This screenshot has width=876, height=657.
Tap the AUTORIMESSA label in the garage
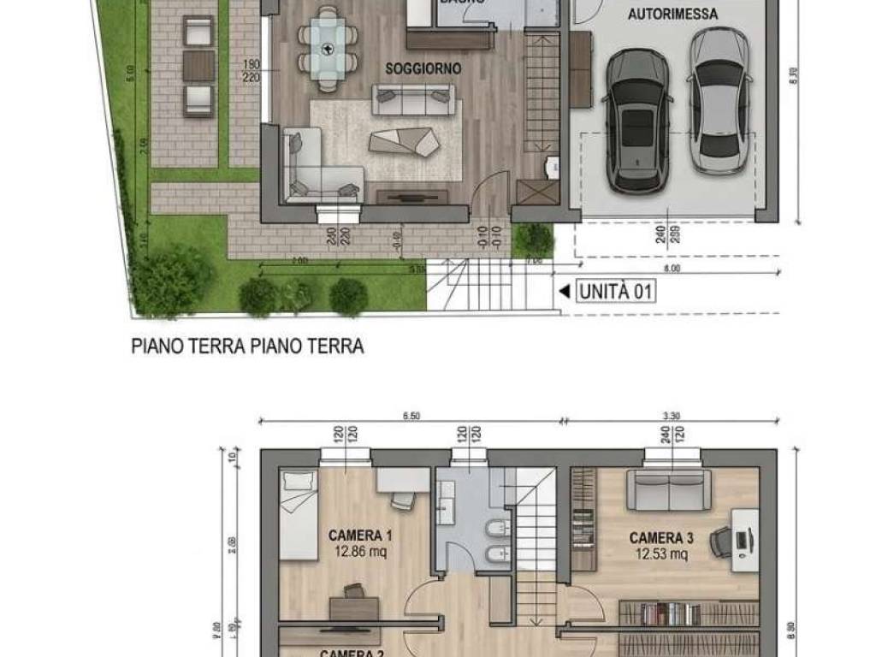coord(672,14)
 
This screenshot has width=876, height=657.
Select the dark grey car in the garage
coord(636,120)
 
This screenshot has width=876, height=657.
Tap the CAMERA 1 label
coord(360,536)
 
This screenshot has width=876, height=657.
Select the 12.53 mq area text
coord(661,553)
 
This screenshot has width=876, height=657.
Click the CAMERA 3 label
coord(661,538)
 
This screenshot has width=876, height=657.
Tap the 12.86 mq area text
coord(360,552)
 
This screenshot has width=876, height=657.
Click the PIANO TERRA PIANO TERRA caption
coord(247,346)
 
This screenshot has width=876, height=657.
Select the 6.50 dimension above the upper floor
coord(411,417)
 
